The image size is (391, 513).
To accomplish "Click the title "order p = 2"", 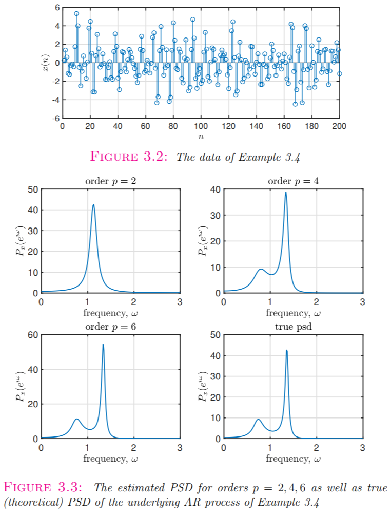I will pos(110,181).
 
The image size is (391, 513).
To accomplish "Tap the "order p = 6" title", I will pos(110,327).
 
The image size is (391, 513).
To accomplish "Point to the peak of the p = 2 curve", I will pos(93,205).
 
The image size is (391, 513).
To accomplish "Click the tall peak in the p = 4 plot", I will pos(286,193).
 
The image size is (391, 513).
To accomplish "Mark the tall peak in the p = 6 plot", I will pos(103,345).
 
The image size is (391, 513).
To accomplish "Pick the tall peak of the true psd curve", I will pos(286,350).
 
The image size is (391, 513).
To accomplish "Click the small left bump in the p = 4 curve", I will pos(261,269).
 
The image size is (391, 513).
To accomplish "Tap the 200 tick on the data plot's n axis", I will pos(340,126).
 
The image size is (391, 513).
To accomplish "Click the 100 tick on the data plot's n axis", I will pos(201,126).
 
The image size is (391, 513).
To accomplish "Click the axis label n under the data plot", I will pos(201,137).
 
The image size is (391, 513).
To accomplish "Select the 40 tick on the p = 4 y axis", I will pos(216,189).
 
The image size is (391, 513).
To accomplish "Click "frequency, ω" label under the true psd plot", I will pos(293,458).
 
